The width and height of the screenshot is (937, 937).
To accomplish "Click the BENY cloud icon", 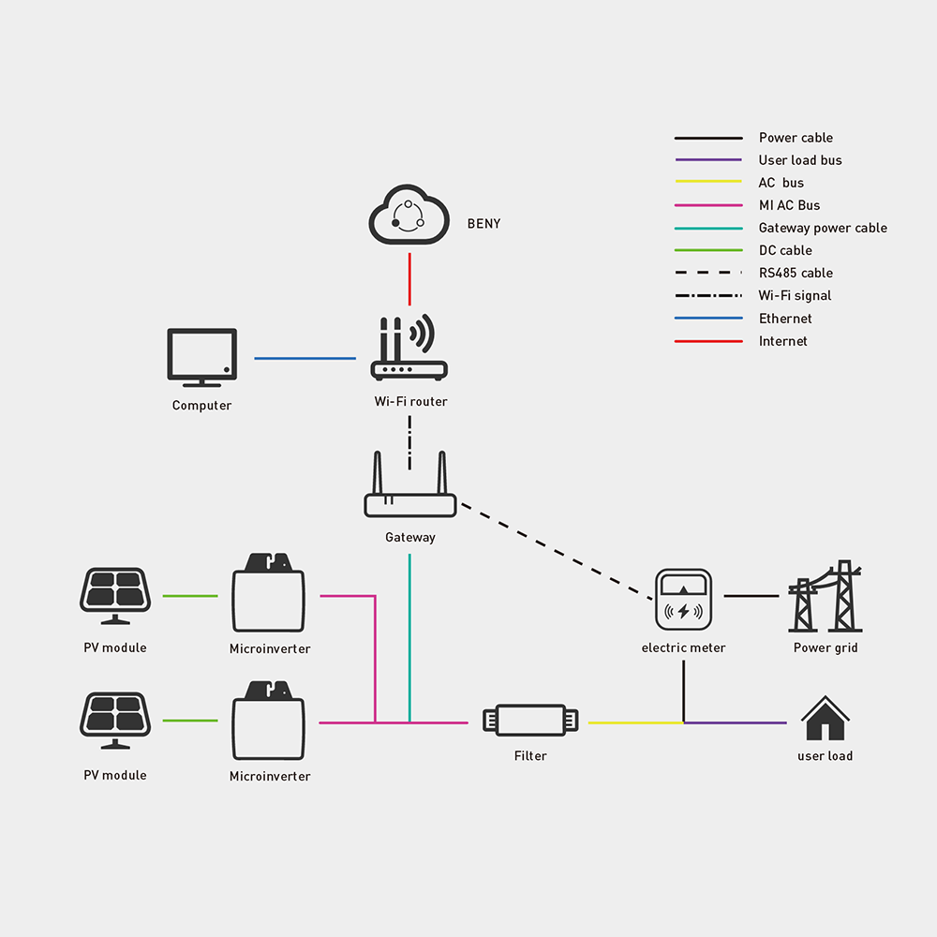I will point(409,218).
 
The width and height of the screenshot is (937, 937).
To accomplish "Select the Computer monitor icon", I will point(201,357).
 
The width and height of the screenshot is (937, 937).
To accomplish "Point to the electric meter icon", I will point(683,599).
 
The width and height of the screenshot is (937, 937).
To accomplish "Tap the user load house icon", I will point(825,719).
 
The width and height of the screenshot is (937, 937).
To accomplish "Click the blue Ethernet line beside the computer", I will point(305,358).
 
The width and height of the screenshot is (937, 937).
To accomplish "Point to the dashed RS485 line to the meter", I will point(558,552).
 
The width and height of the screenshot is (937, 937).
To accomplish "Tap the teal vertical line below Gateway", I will point(409,637).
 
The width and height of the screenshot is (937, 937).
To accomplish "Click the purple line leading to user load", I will point(736,722).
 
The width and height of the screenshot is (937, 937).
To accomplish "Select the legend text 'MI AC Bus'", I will point(789,205).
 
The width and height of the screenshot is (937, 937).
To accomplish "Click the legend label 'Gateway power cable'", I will point(823,228).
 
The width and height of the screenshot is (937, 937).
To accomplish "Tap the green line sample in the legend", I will point(707,250).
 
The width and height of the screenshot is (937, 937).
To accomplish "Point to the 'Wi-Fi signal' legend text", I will point(795,295).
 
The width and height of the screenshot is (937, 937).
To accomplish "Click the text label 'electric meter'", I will point(683,647).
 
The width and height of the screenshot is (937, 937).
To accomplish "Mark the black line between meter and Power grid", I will point(751,596).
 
